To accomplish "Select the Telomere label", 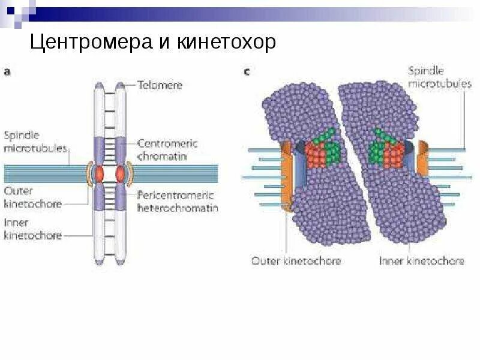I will (160, 85).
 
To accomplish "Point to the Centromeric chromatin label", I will (167, 149).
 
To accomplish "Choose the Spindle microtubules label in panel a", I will (35, 141).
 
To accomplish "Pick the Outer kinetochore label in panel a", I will (32, 198).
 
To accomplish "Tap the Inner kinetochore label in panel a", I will (32, 229).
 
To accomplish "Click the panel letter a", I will (7, 72).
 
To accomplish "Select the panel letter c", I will (247, 72).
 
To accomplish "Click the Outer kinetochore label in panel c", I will (296, 261).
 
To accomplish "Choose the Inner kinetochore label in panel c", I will (421, 261).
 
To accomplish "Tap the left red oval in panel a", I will (100, 174).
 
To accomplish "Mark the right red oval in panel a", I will (120, 174).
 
